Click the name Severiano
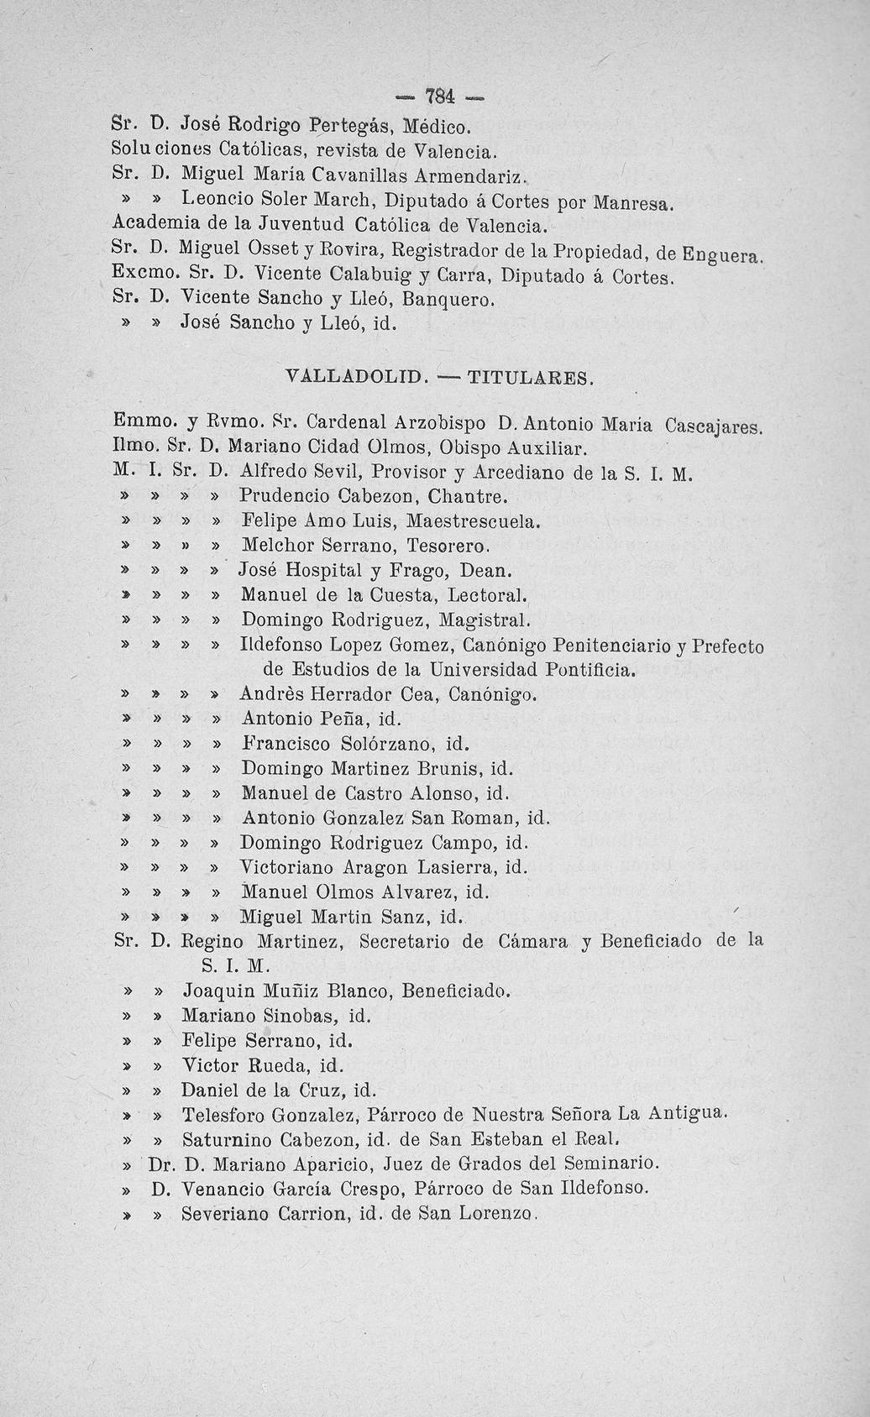[224, 1214]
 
